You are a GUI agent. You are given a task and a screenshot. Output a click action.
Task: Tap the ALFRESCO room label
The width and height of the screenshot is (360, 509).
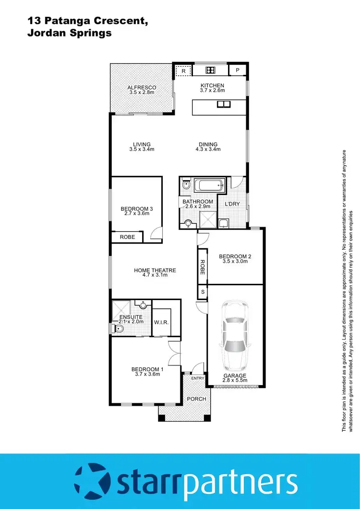click(x=141, y=87)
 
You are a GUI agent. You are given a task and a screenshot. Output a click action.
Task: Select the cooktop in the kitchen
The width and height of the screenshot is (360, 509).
click(x=210, y=71)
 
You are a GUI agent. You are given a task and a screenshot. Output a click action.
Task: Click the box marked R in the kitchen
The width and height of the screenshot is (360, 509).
click(x=183, y=71)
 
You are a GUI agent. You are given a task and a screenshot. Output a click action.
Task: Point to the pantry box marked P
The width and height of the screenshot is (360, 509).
click(x=237, y=71)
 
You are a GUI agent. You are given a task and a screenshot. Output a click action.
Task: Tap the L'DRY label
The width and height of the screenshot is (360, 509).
click(x=233, y=204)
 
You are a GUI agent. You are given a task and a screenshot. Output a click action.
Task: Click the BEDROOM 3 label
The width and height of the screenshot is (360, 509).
click(x=136, y=208)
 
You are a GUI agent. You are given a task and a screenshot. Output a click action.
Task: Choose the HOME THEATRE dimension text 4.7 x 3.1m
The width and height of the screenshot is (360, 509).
click(x=155, y=276)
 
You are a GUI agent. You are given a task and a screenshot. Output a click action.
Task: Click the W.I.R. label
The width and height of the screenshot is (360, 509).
click(x=161, y=322)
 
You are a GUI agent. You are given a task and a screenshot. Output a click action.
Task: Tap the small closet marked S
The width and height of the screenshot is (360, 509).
click(x=203, y=291)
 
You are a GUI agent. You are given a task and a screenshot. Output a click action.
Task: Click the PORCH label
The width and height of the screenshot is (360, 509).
click(x=196, y=399)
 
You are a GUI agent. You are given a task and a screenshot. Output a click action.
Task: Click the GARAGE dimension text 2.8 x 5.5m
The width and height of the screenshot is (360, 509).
click(x=235, y=381)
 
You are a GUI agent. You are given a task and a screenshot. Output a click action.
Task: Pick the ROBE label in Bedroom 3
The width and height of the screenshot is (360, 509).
click(x=127, y=237)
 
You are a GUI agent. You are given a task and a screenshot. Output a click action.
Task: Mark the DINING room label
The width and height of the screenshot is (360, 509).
click(x=208, y=144)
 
